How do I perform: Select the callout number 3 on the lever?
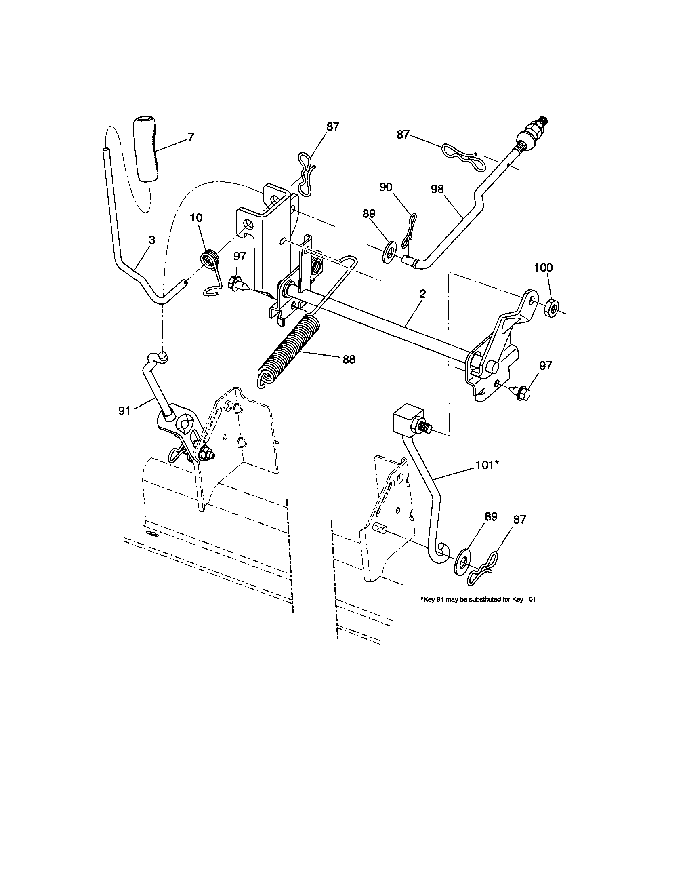pyautogui.click(x=151, y=240)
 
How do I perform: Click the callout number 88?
pyautogui.click(x=349, y=359)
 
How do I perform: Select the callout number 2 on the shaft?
pyautogui.click(x=422, y=293)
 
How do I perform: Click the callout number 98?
pyautogui.click(x=438, y=189)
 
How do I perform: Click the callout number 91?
pyautogui.click(x=124, y=411)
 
